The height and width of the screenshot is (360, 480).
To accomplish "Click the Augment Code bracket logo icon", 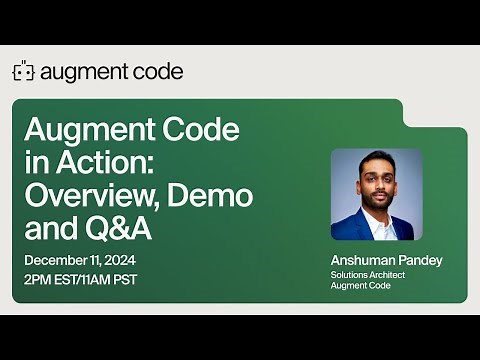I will click(x=23, y=72).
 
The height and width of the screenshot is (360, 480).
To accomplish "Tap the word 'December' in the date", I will click(x=55, y=261).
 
